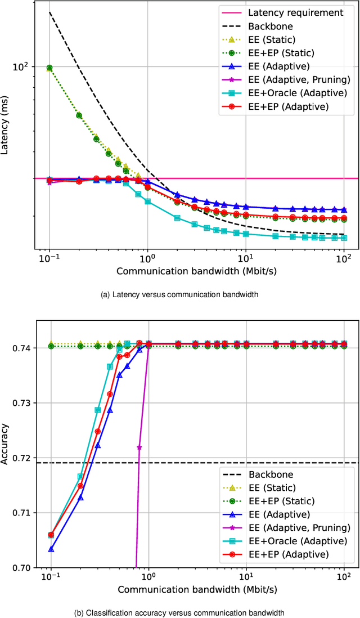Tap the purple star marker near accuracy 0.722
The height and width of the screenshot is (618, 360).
139,447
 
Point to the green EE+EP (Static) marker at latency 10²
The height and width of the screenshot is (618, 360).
49,68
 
